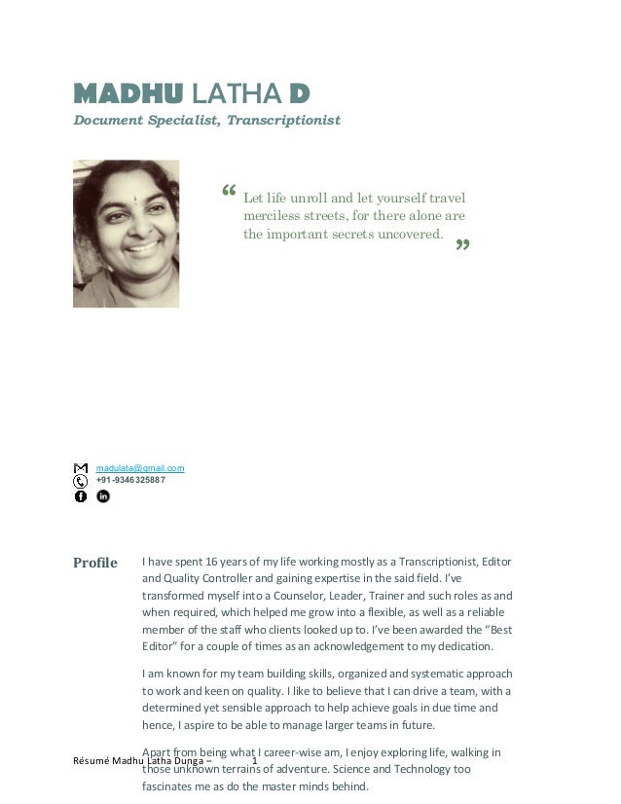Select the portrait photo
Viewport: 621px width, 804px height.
point(127,234)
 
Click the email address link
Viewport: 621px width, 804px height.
point(140,468)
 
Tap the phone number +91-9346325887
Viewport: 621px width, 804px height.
point(130,480)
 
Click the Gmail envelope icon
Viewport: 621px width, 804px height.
point(81,468)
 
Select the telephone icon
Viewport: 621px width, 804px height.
point(81,481)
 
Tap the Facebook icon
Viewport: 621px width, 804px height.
point(81,496)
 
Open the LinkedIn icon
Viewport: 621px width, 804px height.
point(103,496)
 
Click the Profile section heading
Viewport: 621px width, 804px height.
point(95,563)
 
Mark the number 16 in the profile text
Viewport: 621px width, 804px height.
point(210,562)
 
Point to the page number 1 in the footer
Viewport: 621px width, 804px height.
point(254,760)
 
